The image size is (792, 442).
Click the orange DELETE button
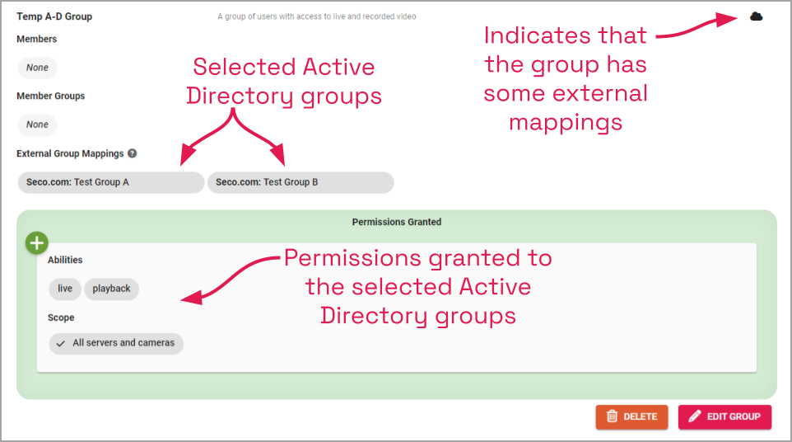[631, 416]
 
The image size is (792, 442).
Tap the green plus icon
[36, 242]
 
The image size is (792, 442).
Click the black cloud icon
[756, 16]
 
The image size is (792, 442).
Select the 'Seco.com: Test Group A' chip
[110, 182]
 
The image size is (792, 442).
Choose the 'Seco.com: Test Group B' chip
[300, 182]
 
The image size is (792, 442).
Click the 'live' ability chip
[65, 289]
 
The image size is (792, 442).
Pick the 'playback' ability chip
[111, 289]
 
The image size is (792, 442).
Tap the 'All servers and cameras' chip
[116, 343]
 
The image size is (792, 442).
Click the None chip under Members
[37, 68]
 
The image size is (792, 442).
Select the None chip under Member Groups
[37, 125]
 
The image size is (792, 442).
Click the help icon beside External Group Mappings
[132, 153]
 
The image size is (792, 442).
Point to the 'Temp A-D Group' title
[54, 16]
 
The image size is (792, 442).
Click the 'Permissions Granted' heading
[396, 222]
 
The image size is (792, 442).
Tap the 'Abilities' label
[65, 260]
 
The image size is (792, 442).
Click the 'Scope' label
[61, 317]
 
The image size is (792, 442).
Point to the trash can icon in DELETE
[612, 416]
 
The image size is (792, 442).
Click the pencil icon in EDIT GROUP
[695, 416]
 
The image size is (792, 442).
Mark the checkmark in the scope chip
[60, 343]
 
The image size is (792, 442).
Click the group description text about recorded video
[316, 16]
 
